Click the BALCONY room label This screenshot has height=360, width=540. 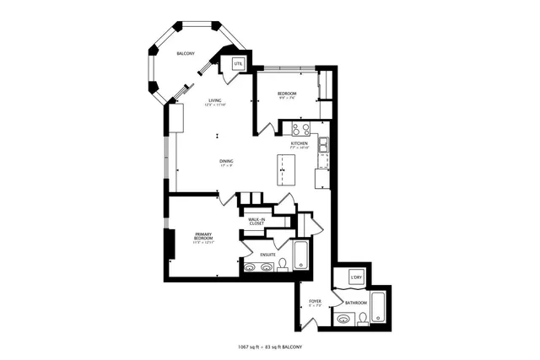(x=186, y=54)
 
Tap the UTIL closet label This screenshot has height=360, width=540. (x=238, y=63)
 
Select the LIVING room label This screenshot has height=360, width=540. (x=215, y=100)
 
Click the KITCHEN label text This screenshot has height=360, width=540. (x=300, y=143)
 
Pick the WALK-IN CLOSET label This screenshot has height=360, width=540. (x=256, y=222)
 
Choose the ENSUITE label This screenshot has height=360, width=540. (x=267, y=254)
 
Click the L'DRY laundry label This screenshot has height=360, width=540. (x=357, y=277)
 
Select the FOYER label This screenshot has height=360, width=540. (x=315, y=301)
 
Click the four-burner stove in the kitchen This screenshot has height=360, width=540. (x=300, y=129)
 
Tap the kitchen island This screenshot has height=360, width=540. (x=284, y=172)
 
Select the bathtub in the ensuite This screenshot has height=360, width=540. (x=302, y=255)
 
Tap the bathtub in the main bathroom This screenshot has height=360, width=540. (x=379, y=309)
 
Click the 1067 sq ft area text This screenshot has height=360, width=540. (x=251, y=347)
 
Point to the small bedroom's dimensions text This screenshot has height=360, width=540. (x=286, y=98)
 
